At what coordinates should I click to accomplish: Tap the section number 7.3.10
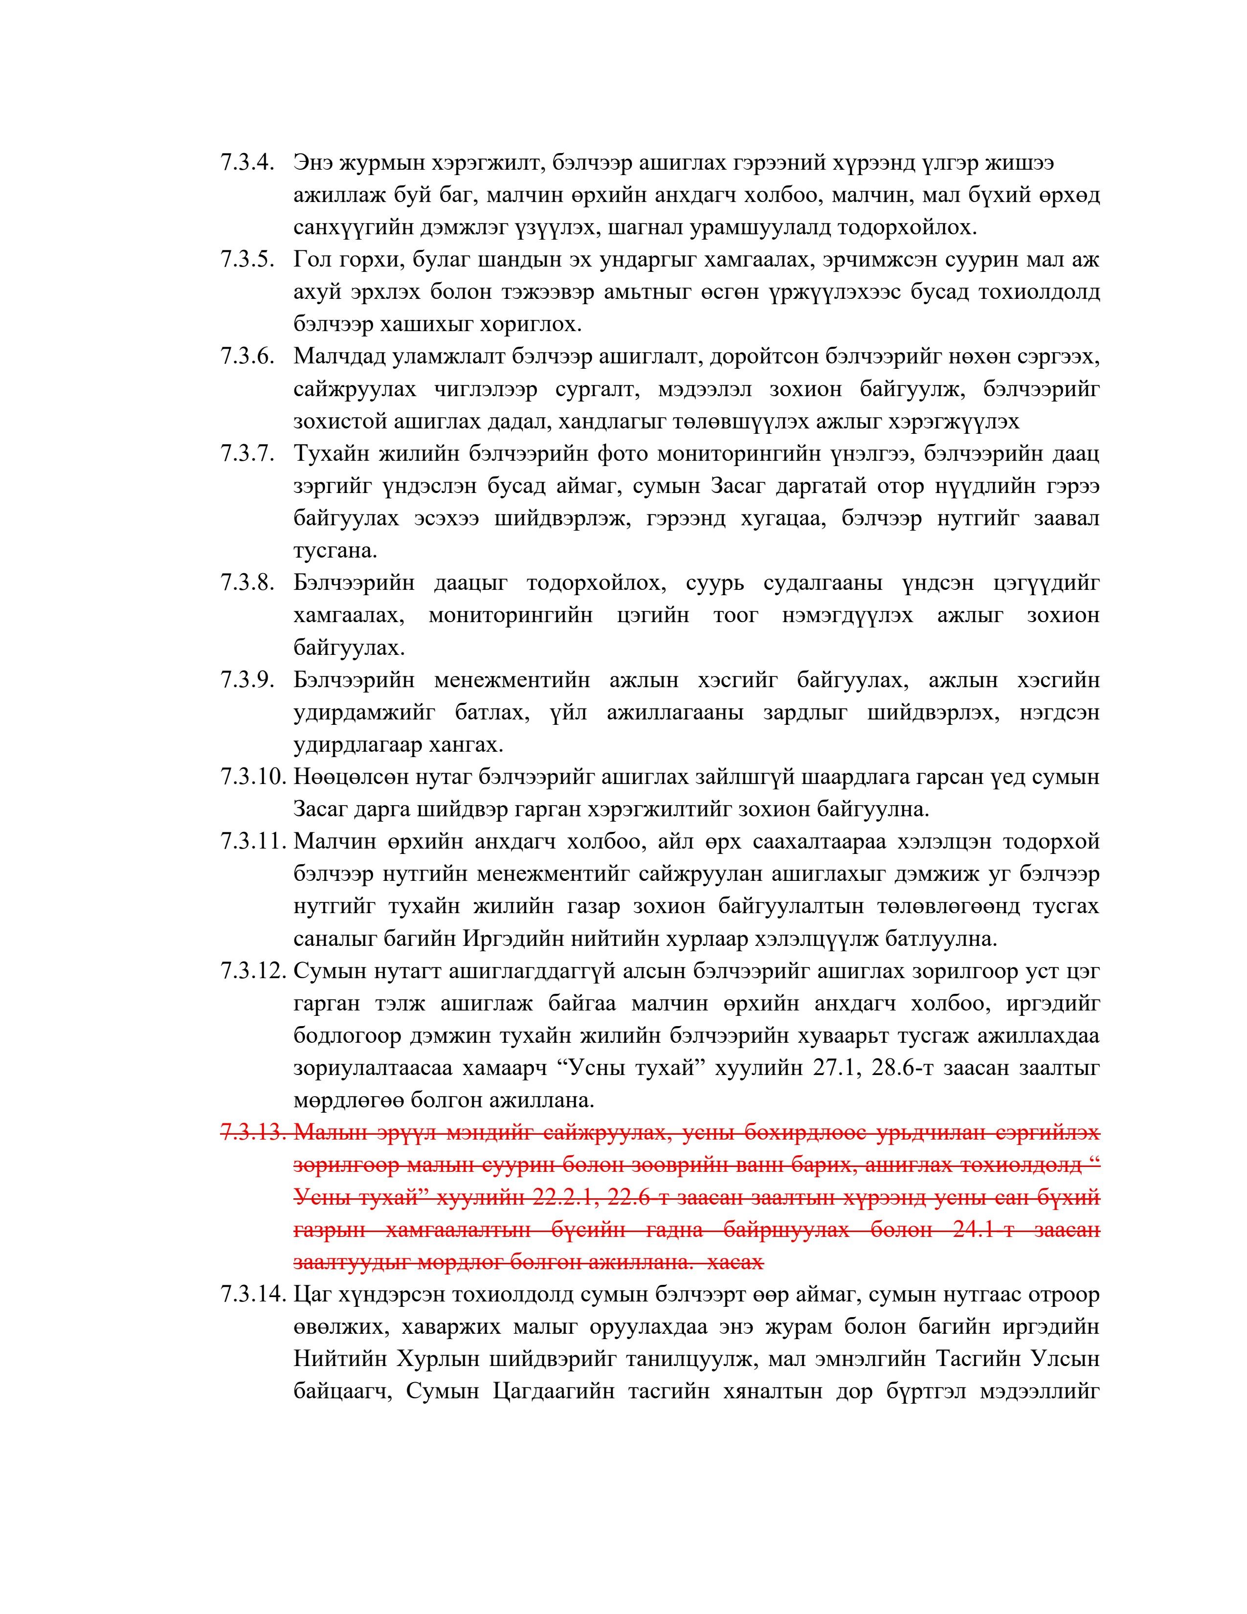tap(252, 778)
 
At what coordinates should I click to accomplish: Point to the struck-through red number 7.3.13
tap(252, 1133)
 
